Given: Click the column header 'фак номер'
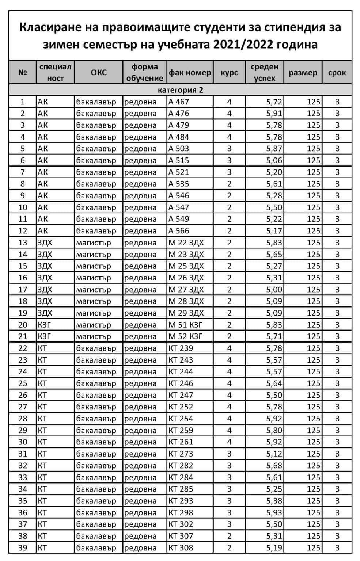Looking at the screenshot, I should (x=190, y=72).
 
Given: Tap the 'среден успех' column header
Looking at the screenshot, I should (x=264, y=72).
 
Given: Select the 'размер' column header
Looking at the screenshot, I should (x=303, y=72).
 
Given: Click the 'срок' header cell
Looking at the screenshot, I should (x=337, y=72).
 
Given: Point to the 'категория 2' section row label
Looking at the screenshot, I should (x=180, y=90).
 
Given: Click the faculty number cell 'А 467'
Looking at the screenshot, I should (x=179, y=102).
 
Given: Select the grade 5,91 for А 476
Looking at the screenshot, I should (x=274, y=114).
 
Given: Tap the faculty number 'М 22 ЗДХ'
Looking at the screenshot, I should (x=186, y=243).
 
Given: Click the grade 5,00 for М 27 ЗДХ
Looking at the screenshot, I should (x=274, y=290).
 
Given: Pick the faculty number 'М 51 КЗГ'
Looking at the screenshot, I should (x=185, y=325).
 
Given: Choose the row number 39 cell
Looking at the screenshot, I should (x=23, y=547).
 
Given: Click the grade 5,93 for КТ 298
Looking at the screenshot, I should (x=274, y=512).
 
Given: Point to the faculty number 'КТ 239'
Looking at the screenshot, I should (x=181, y=348).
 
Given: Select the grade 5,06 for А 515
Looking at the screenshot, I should (x=274, y=160).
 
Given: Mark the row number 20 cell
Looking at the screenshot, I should (x=23, y=325).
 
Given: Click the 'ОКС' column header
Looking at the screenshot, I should (x=99, y=72).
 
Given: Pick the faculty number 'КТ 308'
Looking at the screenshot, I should (x=181, y=547).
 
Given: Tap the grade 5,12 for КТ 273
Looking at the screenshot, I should (x=274, y=454).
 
